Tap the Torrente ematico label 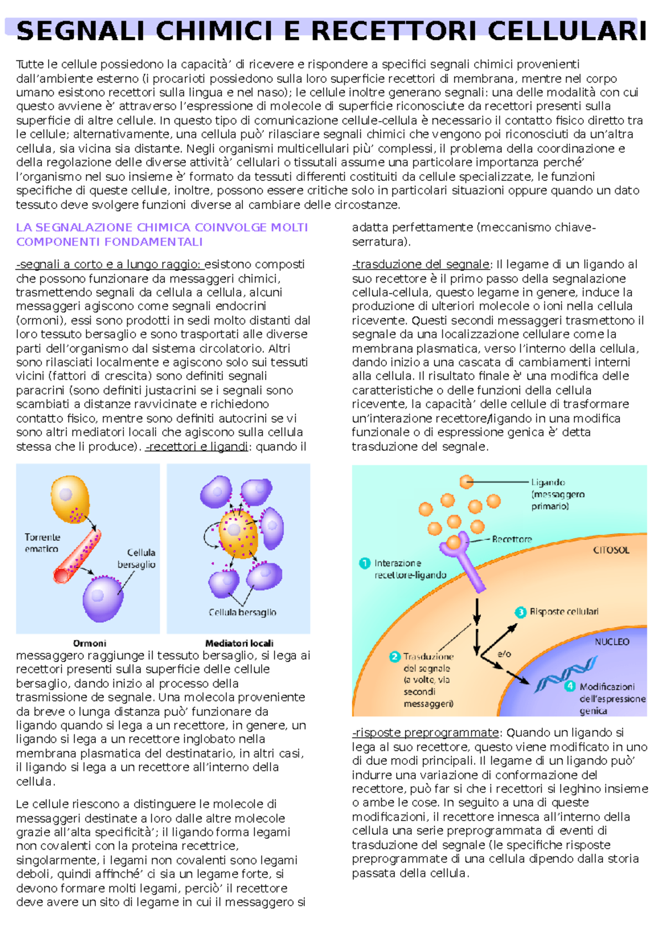click(42, 542)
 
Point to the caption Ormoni click(89, 643)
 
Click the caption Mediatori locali click(239, 643)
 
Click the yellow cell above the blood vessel click(70, 499)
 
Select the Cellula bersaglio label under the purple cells click(242, 612)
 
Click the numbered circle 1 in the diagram click(365, 563)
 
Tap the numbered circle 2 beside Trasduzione click(395, 656)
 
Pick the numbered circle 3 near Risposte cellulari click(520, 612)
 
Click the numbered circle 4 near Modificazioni click(569, 686)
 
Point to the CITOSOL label click(611, 550)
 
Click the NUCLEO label click(612, 641)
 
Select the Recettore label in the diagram click(512, 539)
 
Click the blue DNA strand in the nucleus click(564, 675)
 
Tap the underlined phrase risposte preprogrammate click(426, 733)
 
